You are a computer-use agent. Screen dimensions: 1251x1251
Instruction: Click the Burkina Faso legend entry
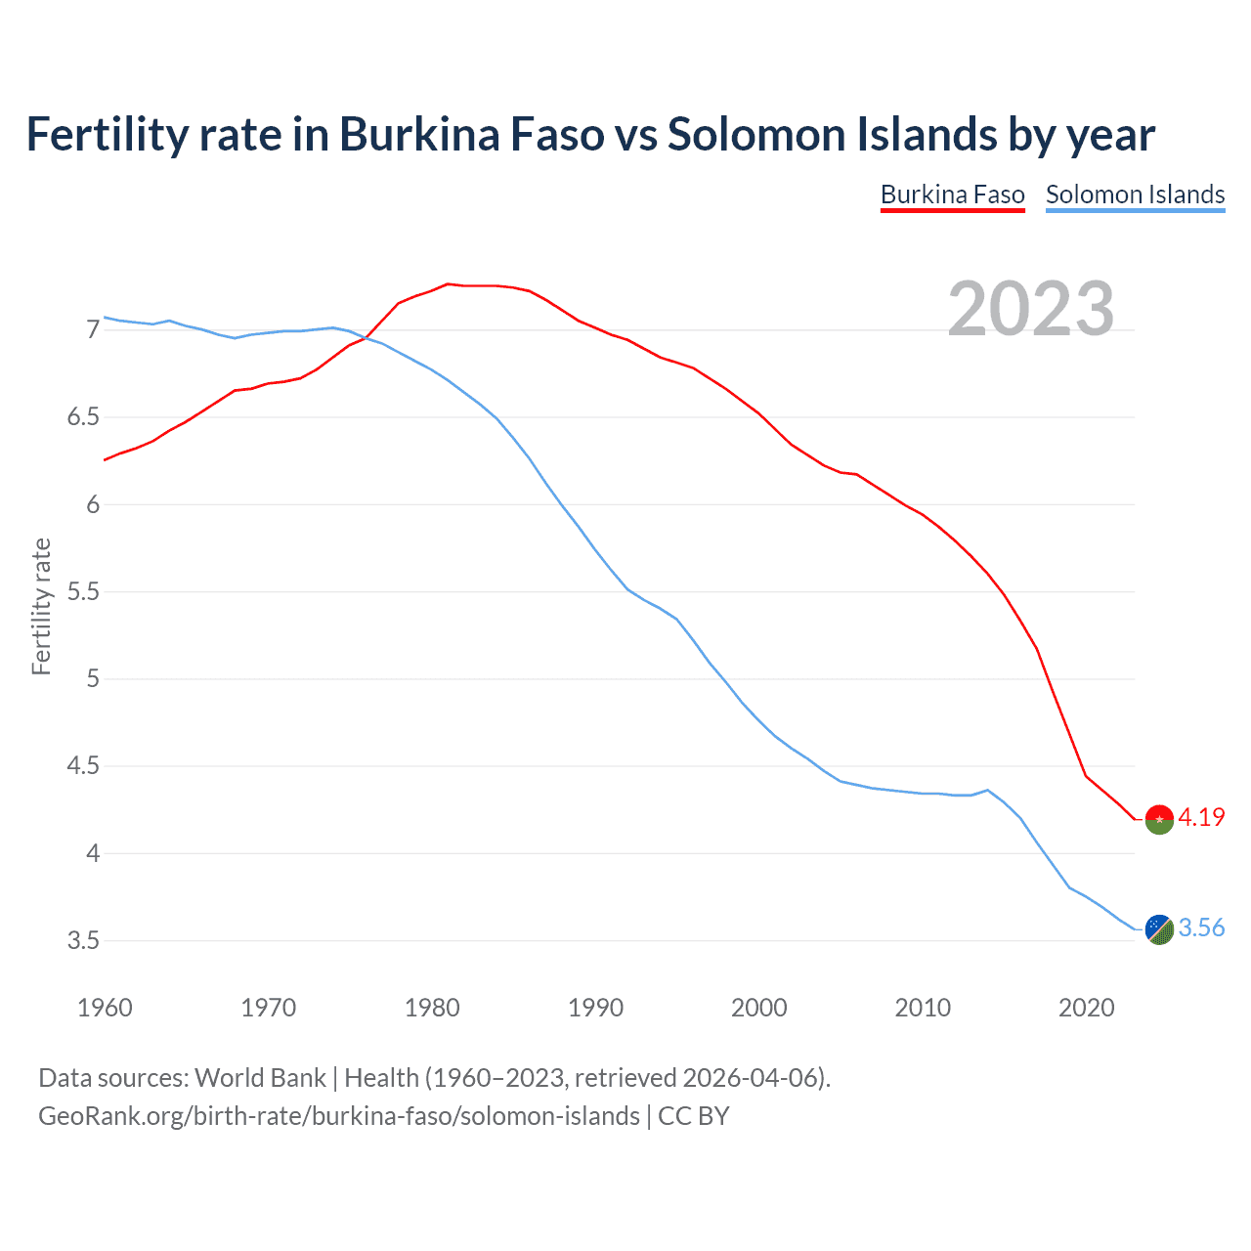(952, 194)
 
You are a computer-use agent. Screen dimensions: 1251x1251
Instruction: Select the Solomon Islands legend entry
(1135, 194)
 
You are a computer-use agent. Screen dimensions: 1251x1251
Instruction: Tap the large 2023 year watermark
(1031, 309)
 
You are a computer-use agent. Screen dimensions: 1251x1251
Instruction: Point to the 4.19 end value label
(1201, 817)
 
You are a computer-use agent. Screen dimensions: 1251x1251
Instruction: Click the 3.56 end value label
(1201, 927)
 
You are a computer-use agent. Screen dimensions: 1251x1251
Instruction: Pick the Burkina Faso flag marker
(1159, 819)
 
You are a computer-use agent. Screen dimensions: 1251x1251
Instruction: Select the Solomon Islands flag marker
(1159, 929)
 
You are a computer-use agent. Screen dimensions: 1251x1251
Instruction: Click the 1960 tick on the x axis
(105, 1008)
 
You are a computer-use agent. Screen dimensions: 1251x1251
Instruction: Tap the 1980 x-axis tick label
(432, 1008)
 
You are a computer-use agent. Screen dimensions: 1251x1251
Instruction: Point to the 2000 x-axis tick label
(758, 1008)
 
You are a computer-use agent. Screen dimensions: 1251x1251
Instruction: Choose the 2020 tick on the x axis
(1086, 1008)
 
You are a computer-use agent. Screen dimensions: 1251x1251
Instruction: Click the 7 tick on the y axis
(93, 330)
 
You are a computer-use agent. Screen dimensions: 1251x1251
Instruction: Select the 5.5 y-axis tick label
(83, 592)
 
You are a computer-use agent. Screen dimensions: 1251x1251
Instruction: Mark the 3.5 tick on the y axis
(83, 941)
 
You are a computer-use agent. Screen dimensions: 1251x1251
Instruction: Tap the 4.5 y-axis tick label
(83, 766)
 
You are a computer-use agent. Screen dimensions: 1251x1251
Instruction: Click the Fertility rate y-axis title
(41, 606)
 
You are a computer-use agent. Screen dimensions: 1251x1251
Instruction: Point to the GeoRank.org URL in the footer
(338, 1115)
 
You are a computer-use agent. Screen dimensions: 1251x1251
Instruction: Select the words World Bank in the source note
(260, 1077)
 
